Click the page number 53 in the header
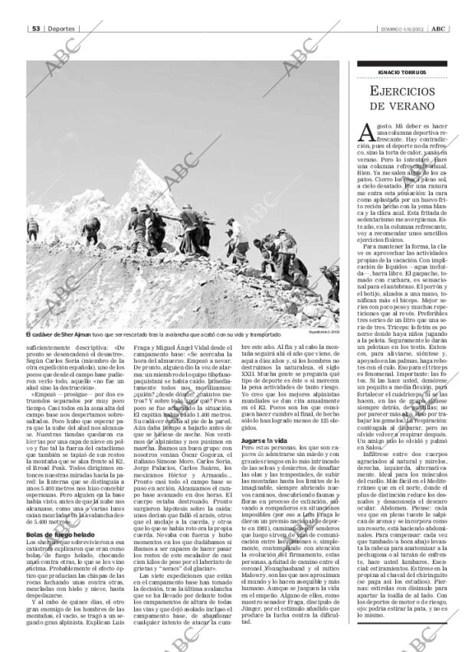coord(35,28)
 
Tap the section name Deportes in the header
coord(59,28)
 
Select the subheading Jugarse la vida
coord(264,442)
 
